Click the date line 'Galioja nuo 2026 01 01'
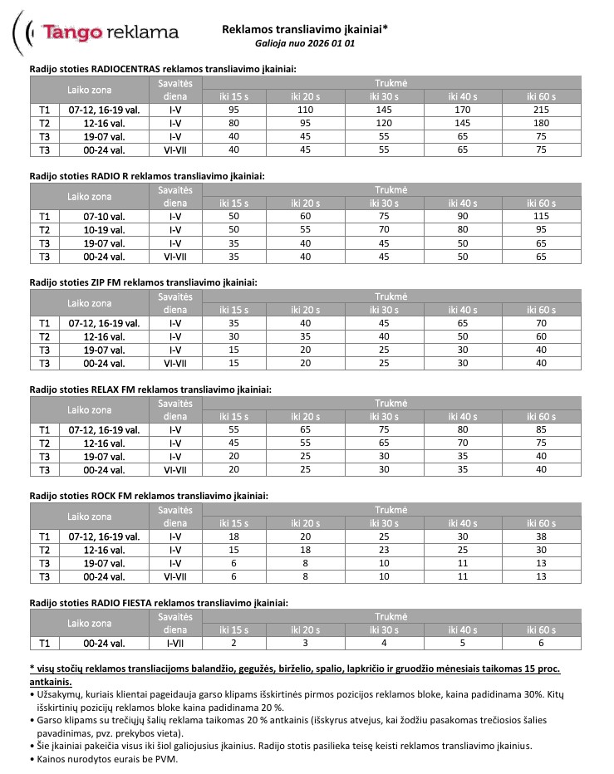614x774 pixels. tap(304, 42)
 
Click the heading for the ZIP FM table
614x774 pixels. tap(143, 282)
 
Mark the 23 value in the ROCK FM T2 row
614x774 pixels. tap(385, 550)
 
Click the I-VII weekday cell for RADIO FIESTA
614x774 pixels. tap(175, 643)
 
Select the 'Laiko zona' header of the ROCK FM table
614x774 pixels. tap(89, 516)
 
